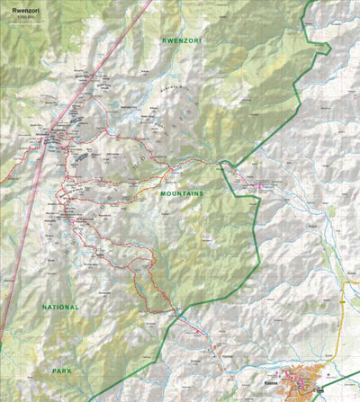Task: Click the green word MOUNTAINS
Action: tap(183, 193)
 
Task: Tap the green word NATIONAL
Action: tap(59, 307)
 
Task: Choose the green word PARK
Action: tap(61, 370)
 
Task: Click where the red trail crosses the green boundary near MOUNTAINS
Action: tap(220, 163)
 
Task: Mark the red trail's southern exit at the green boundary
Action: tap(179, 310)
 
